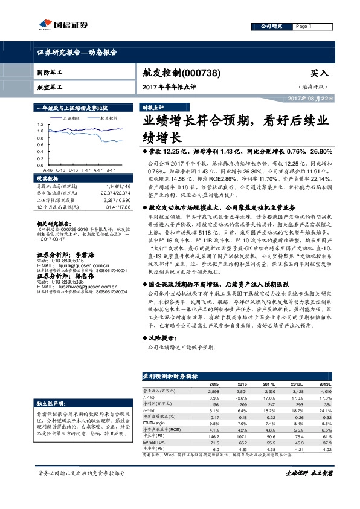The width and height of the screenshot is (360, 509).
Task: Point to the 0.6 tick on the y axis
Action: tap(40, 144)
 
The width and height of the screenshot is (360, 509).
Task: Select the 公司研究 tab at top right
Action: tap(271, 27)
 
